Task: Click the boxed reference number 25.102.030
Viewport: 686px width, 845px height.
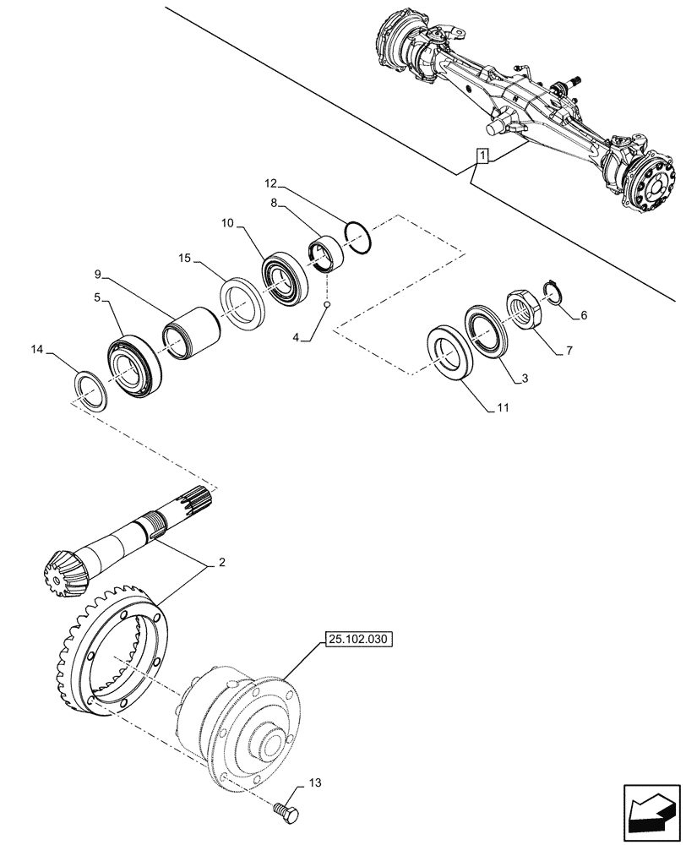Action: tap(357, 640)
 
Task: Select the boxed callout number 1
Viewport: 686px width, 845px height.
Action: tap(482, 156)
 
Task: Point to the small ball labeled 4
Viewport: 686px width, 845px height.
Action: tap(327, 305)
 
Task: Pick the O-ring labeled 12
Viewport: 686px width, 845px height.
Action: tap(357, 237)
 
